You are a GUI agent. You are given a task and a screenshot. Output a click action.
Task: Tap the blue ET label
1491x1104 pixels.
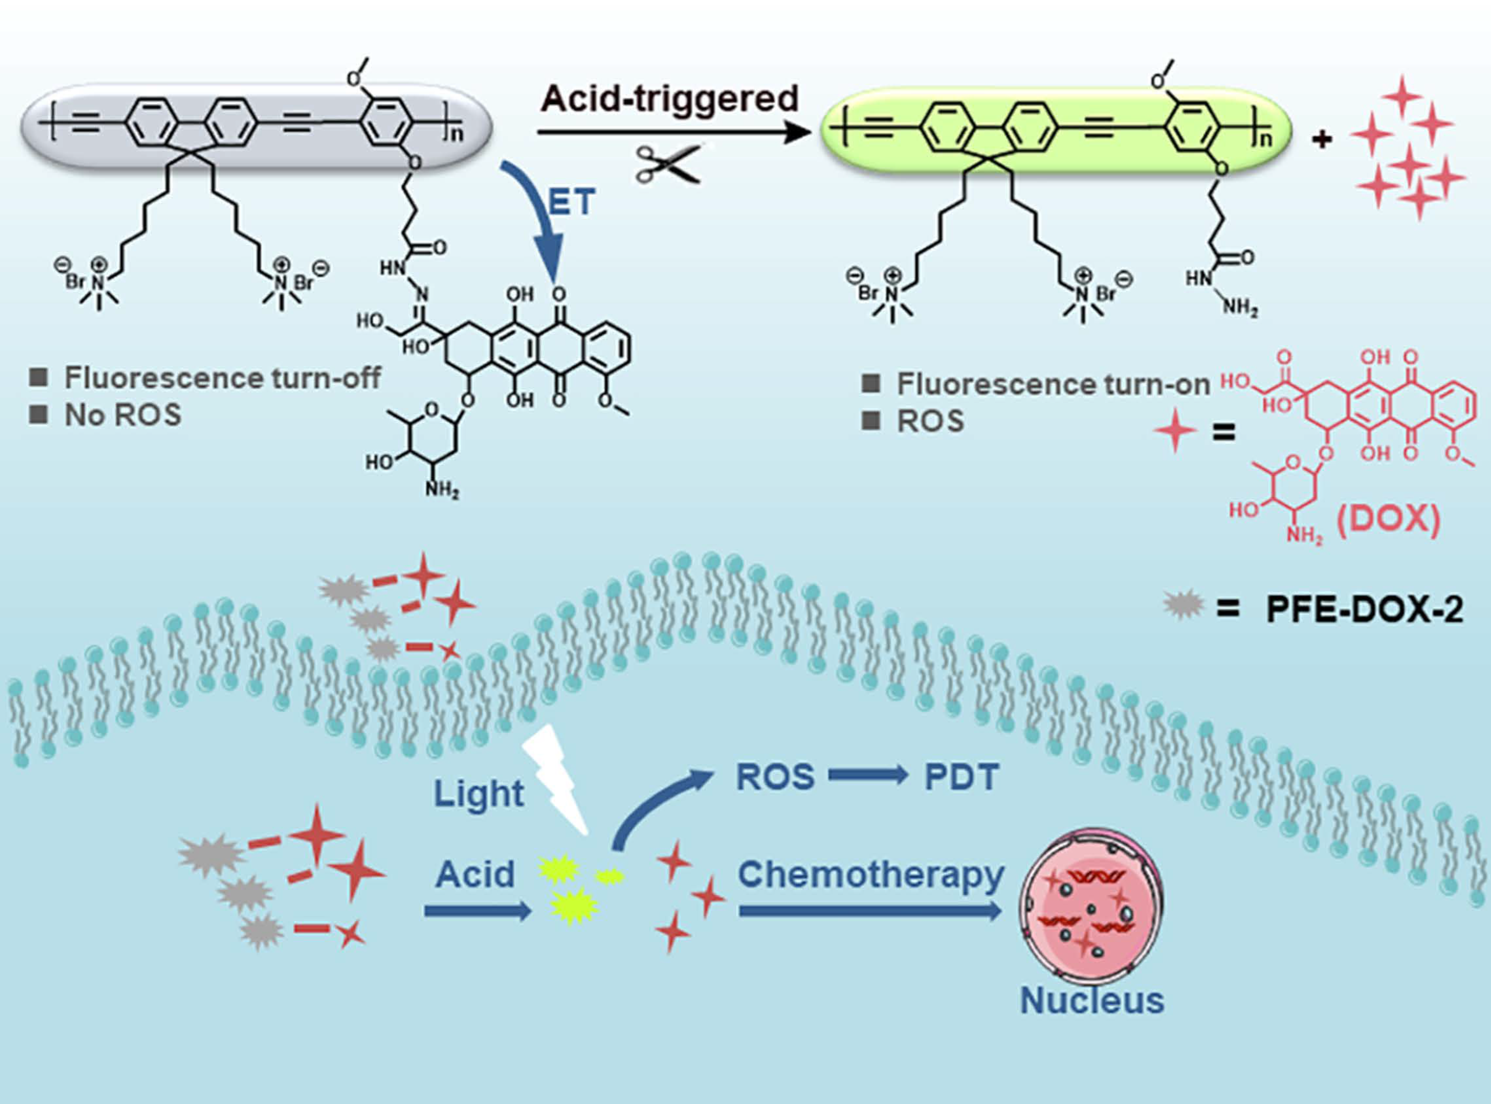[572, 202]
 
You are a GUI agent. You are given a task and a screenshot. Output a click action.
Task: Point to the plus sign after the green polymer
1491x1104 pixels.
[1322, 140]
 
